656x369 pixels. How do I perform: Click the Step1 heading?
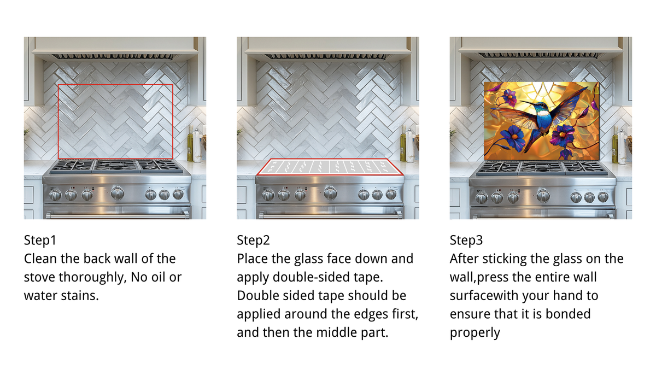tap(40, 240)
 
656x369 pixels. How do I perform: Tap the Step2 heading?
tap(253, 240)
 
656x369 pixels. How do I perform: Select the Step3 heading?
tap(466, 240)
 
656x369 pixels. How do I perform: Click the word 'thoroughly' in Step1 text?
tap(92, 277)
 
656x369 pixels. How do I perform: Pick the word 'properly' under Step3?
tap(475, 333)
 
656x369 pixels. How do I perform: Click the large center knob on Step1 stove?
tap(118, 193)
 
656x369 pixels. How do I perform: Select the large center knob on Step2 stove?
tap(330, 193)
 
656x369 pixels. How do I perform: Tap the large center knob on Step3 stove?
tap(543, 195)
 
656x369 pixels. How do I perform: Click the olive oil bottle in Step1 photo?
tap(190, 144)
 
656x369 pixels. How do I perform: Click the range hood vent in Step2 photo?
tap(325, 57)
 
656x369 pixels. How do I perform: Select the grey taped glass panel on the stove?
tap(330, 167)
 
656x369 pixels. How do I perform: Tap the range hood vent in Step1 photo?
tap(113, 57)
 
